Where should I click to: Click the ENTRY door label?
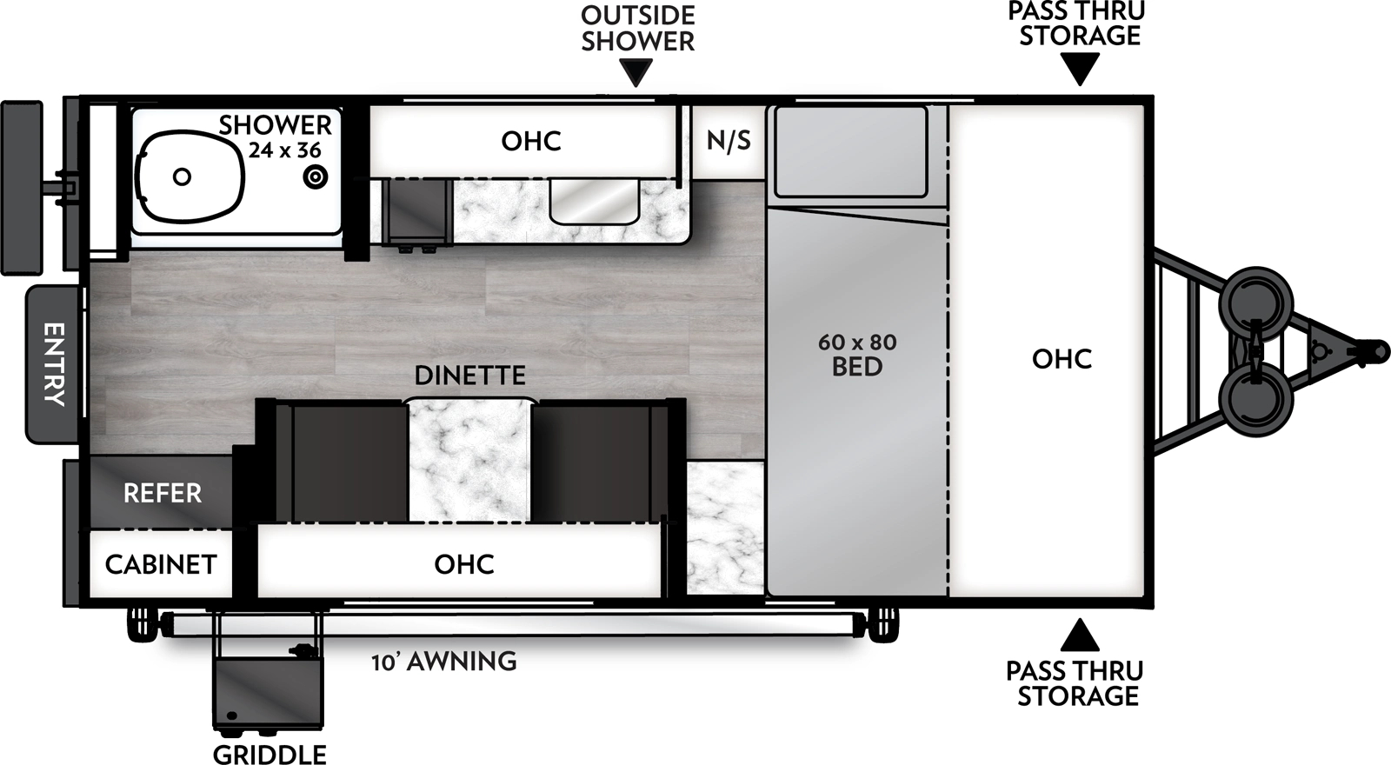(x=54, y=363)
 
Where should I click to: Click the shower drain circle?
(x=315, y=177)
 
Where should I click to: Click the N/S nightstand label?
(x=729, y=140)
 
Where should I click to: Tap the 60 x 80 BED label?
(x=857, y=355)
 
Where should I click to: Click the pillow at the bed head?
(x=851, y=151)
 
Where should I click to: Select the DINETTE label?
(x=469, y=376)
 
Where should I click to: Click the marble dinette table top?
(x=469, y=461)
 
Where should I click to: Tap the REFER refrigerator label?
(x=163, y=494)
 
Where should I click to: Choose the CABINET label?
(x=161, y=564)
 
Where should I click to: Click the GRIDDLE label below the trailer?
(x=270, y=754)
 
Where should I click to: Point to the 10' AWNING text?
(x=444, y=662)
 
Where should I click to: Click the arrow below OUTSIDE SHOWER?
(x=638, y=73)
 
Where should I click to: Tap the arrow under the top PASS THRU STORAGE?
(x=1080, y=69)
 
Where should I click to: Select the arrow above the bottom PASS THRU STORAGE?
(x=1080, y=635)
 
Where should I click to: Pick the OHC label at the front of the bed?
(x=1062, y=358)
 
